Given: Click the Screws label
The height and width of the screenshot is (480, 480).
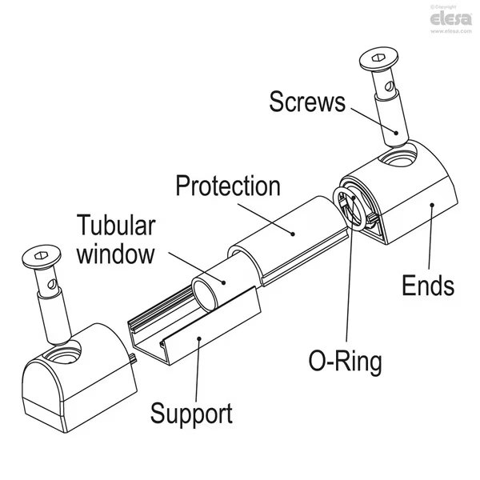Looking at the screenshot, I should click(x=307, y=102).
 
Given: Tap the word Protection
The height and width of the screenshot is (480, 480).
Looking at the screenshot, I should click(x=228, y=187).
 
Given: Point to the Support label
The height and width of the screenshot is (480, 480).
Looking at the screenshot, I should click(x=192, y=414).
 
